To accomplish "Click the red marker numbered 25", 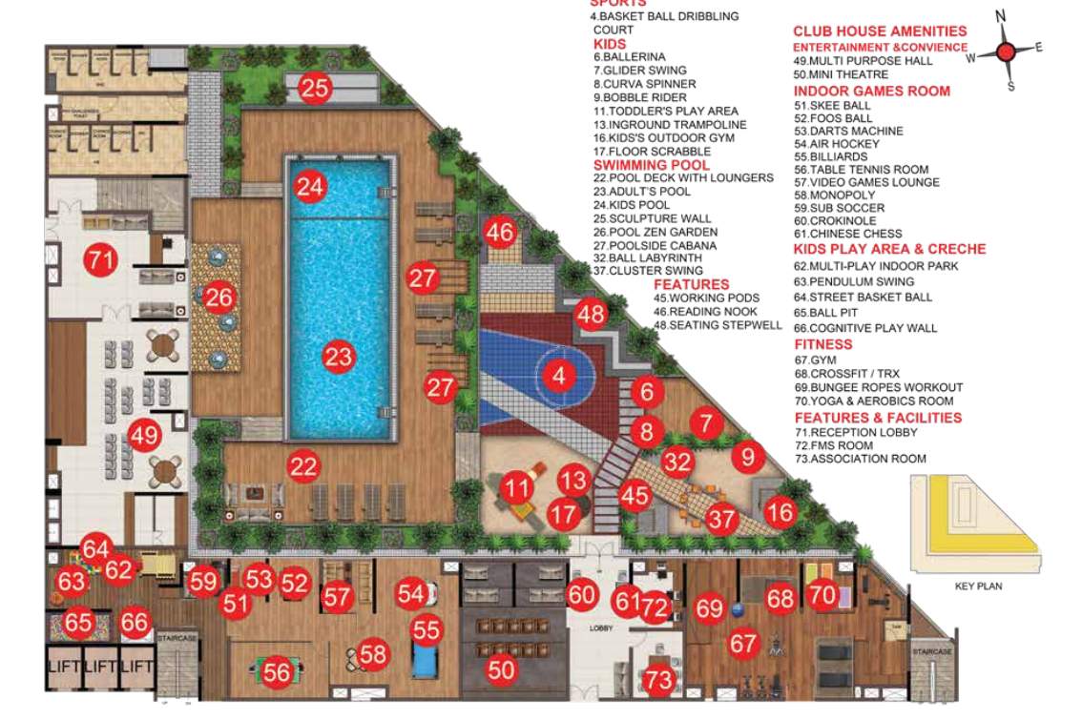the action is pyautogui.click(x=315, y=89).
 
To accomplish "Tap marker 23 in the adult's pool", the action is pyautogui.click(x=338, y=358).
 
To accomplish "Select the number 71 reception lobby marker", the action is pyautogui.click(x=98, y=259).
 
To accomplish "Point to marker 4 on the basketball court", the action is pyautogui.click(x=560, y=376).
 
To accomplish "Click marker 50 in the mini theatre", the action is pyautogui.click(x=501, y=669).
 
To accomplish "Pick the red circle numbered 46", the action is pyautogui.click(x=499, y=232).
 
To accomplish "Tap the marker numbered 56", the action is pyautogui.click(x=277, y=672).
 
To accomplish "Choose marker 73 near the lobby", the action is pyautogui.click(x=658, y=680).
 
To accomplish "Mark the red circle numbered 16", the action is pyautogui.click(x=780, y=513).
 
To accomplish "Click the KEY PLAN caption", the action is pyautogui.click(x=978, y=586).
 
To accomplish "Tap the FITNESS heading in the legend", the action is pyautogui.click(x=822, y=344).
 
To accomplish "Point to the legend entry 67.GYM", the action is pyautogui.click(x=815, y=360).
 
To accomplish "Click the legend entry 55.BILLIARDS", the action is pyautogui.click(x=831, y=156).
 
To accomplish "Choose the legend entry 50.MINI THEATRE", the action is pyautogui.click(x=840, y=74).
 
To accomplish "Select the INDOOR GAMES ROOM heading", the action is pyautogui.click(x=871, y=91).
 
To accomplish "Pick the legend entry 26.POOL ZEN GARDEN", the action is pyautogui.click(x=655, y=232).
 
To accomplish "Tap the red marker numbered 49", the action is pyautogui.click(x=144, y=437).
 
